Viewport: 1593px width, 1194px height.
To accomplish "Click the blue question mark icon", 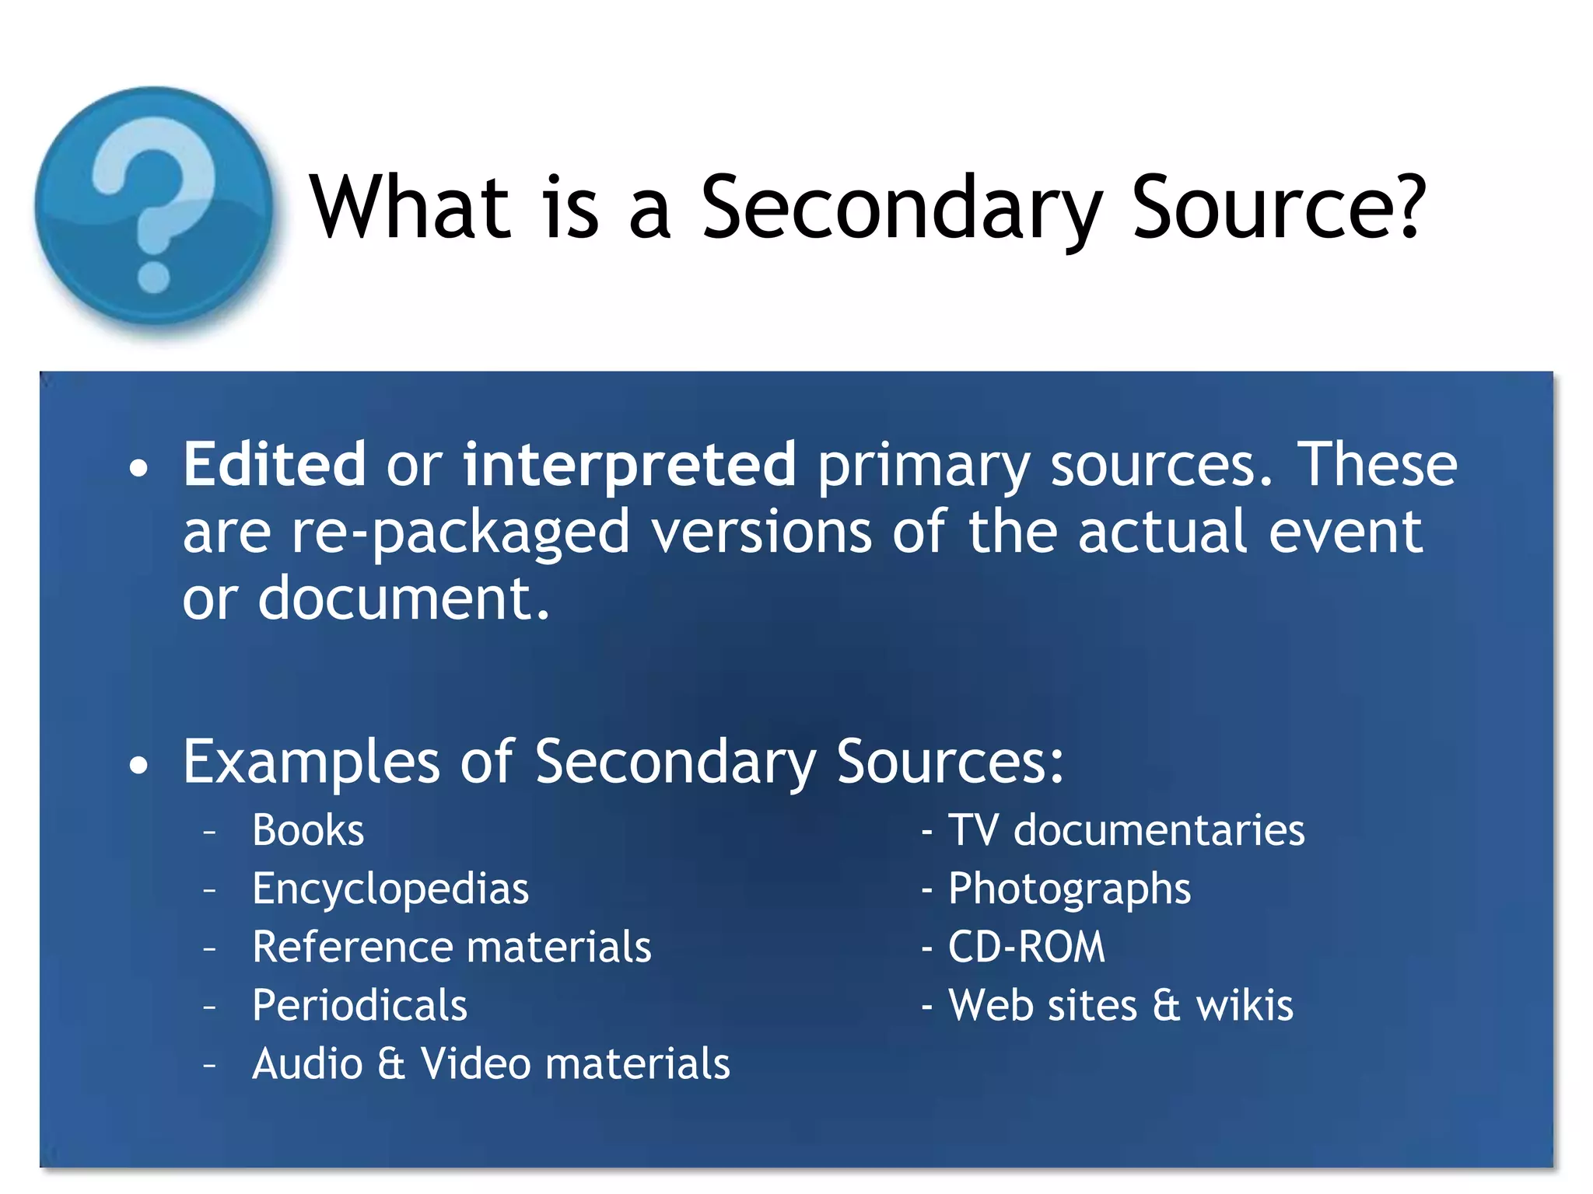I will pos(154,207).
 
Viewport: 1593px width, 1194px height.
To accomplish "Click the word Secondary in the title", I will pos(901,208).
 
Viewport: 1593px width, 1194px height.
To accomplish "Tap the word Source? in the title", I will pos(1279,207).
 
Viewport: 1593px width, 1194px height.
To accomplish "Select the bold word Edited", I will pos(274,464).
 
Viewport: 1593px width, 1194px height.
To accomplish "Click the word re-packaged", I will pos(460,533).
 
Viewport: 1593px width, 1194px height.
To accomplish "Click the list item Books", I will pos(308,830).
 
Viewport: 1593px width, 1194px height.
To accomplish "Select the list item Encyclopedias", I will pos(390,889).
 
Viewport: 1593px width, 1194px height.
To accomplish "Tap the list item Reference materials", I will pos(452,947).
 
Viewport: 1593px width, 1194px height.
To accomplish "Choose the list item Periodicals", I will pos(360,1005).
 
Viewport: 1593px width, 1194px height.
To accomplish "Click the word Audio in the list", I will pos(307,1063).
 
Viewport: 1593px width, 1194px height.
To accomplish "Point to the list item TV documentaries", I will pos(1126,830).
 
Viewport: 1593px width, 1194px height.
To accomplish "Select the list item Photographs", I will pos(1069,889).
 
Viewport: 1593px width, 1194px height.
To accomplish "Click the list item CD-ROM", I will pos(1026,947).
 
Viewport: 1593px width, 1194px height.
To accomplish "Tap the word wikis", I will pos(1245,1005).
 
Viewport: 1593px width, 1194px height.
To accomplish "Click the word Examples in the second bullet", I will pos(311,762).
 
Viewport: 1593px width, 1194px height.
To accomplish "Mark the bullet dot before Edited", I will pos(138,469).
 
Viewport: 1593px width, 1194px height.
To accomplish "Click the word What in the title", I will pos(410,207).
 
